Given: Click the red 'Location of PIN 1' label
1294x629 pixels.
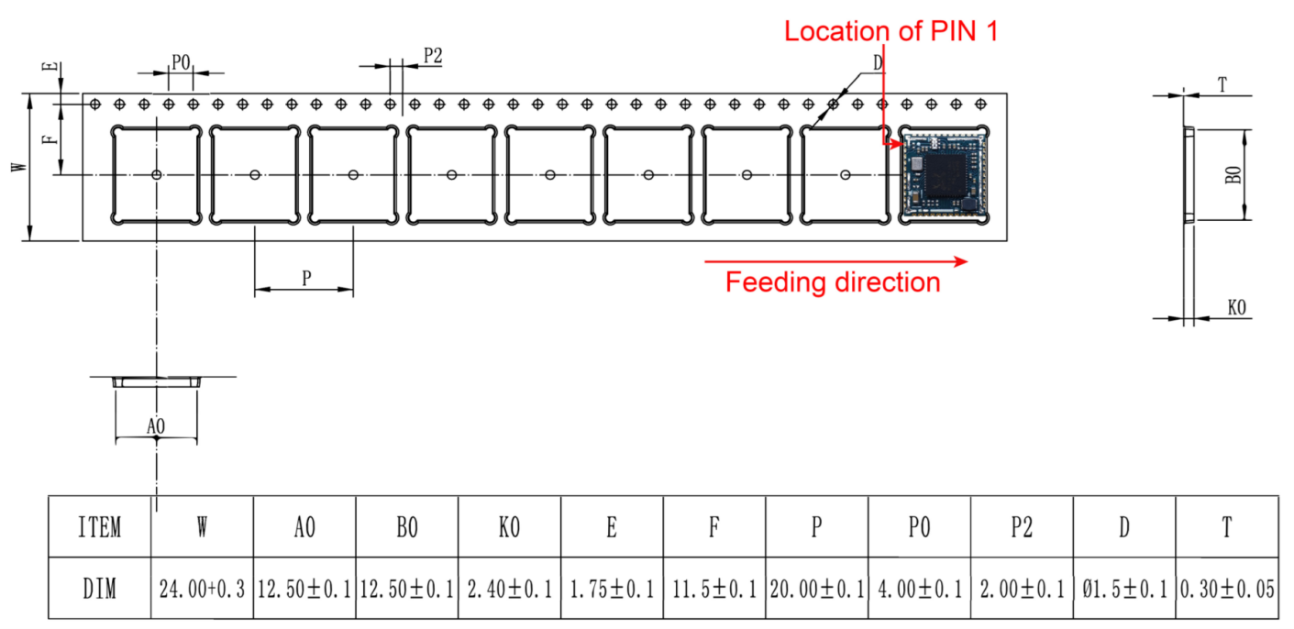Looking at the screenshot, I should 890,31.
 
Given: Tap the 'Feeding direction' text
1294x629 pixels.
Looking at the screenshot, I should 833,282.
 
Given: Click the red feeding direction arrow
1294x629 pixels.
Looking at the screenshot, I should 835,261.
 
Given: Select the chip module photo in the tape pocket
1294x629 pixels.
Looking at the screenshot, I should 943,174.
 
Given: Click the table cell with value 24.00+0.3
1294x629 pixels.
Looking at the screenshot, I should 202,589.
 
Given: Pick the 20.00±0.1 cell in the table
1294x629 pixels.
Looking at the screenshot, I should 816,589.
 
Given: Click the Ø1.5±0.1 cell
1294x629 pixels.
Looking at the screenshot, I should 1123,589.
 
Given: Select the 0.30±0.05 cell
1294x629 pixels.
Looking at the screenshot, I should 1227,589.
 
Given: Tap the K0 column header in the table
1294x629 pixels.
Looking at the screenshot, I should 509,527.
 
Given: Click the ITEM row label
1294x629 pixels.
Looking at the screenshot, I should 99,527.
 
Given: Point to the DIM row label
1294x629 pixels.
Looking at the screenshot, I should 99,589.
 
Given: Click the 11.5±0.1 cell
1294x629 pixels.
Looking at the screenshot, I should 713,589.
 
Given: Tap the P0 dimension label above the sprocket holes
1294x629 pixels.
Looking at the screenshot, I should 181,62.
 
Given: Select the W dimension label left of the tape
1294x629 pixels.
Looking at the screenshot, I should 16,168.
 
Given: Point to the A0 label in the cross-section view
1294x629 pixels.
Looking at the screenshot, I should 156,425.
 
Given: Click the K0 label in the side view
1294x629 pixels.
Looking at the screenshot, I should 1236,308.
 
